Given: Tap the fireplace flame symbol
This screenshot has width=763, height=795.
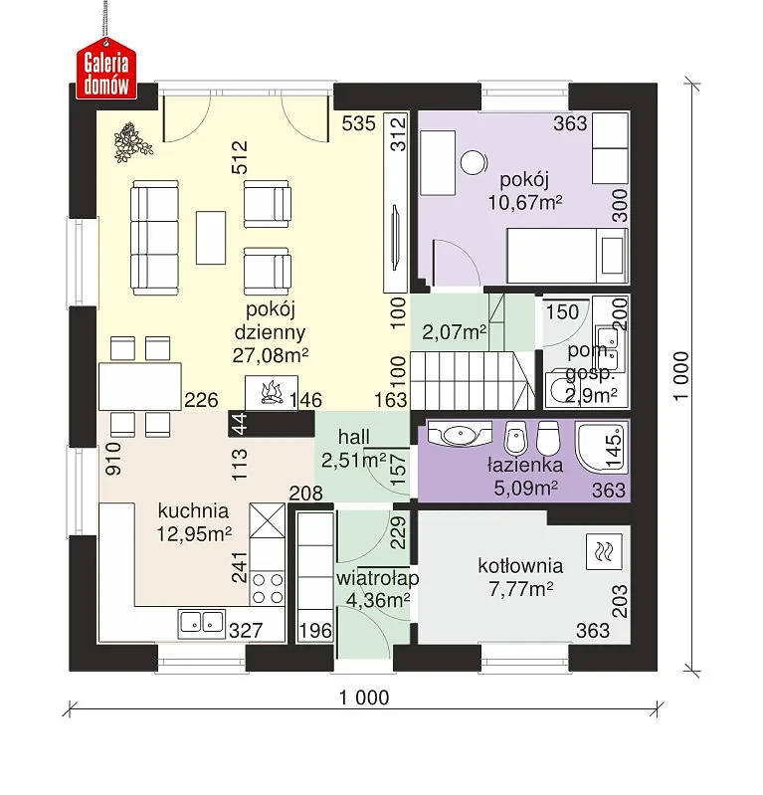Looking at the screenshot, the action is pos(272,393).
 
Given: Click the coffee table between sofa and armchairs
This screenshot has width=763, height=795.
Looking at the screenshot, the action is pos(211,238).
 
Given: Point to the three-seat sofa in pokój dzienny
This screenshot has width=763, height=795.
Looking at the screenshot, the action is pos(154,237).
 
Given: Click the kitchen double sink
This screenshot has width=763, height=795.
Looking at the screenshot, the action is pos(202,623).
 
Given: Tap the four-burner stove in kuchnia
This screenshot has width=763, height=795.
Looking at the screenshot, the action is pos(268,588).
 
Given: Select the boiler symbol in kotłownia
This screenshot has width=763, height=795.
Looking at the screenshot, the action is pos(604,550).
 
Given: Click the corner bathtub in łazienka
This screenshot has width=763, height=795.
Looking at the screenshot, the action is pos(602,447).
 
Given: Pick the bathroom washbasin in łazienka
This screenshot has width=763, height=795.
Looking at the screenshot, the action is pos(461,434).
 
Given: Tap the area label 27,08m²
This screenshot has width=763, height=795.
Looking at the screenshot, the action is pos(271,355).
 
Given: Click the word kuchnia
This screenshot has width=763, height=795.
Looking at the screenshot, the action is pos(193,510).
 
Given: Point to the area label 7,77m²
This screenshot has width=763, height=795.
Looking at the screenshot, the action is pos(520,589).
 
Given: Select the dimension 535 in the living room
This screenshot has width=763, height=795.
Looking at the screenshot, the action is pos(358,123).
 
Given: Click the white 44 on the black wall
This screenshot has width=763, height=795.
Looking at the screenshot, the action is pos(239,424).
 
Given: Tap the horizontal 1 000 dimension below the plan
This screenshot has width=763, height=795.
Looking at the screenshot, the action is pos(364,698).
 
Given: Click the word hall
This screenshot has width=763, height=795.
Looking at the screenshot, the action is pos(353,437).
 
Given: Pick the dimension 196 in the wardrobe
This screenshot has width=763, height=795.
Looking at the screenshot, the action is pos(315,631).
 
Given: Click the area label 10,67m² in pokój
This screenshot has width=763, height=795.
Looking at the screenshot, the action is pos(525,203).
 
